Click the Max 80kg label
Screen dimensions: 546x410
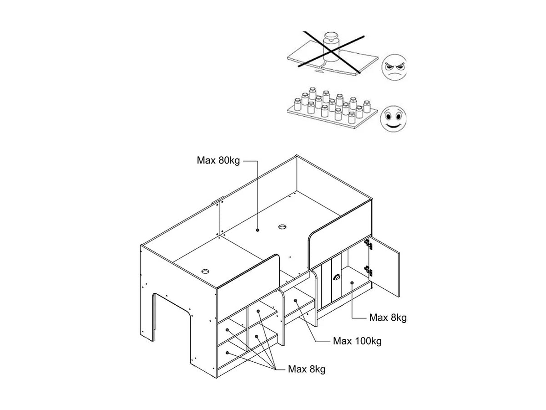pyautogui.click(x=218, y=160)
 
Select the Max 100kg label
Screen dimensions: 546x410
pyautogui.click(x=357, y=341)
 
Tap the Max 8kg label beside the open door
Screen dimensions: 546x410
pyautogui.click(x=388, y=318)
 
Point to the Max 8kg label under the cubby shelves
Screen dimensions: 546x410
pyautogui.click(x=307, y=369)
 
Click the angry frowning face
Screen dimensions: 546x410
pyautogui.click(x=394, y=67)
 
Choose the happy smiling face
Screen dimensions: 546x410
pyautogui.click(x=393, y=118)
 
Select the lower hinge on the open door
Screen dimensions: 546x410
pyautogui.click(x=369, y=271)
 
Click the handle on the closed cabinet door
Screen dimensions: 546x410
pyautogui.click(x=336, y=277)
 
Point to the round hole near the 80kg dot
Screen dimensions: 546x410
pyautogui.click(x=283, y=226)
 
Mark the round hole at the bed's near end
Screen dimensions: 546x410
pyautogui.click(x=205, y=272)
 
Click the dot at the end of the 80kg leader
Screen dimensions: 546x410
pyautogui.click(x=258, y=230)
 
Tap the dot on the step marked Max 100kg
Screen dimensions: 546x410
pyautogui.click(x=295, y=301)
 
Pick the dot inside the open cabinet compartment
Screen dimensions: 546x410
pyautogui.click(x=352, y=283)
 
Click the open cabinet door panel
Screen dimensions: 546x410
pyautogui.click(x=384, y=266)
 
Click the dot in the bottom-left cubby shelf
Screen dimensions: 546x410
pyautogui.click(x=227, y=353)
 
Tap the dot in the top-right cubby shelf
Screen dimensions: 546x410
pyautogui.click(x=258, y=311)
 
